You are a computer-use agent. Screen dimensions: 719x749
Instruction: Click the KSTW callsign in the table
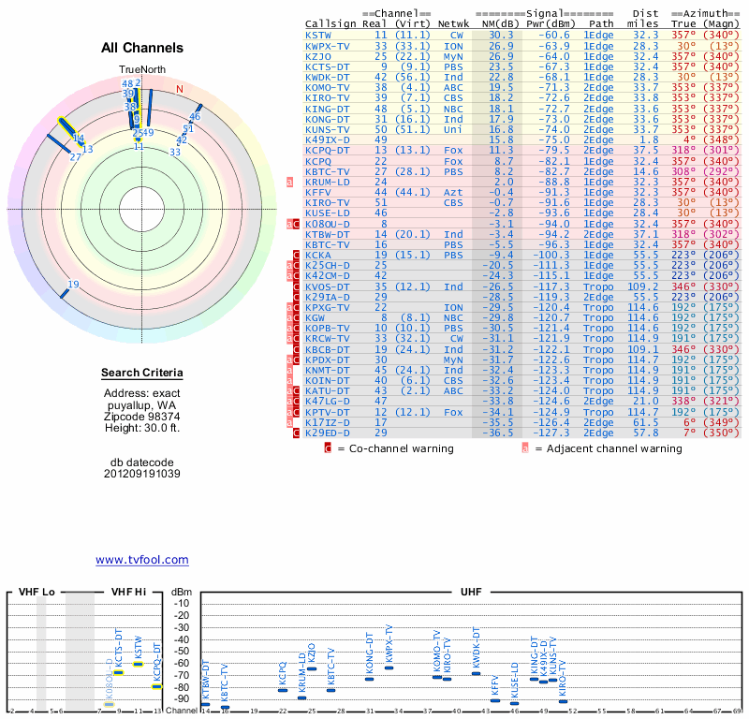click(x=318, y=34)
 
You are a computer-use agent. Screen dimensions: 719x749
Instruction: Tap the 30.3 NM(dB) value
click(x=500, y=34)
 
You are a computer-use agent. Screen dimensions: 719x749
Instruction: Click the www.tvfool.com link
click(x=142, y=560)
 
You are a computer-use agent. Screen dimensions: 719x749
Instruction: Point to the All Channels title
click(x=142, y=48)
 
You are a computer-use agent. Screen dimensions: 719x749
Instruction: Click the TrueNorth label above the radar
click(x=142, y=70)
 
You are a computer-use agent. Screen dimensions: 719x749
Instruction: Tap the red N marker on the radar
click(x=180, y=89)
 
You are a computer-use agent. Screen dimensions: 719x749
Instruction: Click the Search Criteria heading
click(x=142, y=374)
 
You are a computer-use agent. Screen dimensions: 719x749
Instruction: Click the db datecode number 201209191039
click(x=142, y=474)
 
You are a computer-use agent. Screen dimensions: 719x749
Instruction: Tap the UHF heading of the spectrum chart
click(x=471, y=594)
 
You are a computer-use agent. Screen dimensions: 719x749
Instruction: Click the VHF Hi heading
click(x=129, y=594)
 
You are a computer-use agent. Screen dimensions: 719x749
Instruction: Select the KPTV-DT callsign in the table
click(x=328, y=412)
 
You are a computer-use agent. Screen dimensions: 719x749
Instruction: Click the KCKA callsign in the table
click(x=318, y=255)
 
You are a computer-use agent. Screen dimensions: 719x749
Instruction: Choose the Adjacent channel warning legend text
click(x=608, y=448)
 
